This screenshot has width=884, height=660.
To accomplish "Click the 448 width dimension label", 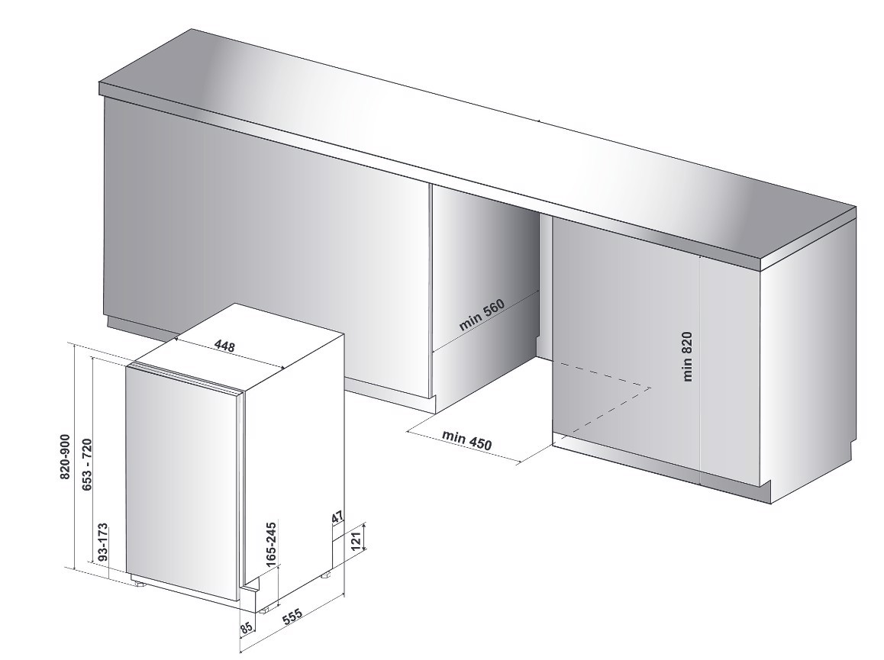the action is (224, 346).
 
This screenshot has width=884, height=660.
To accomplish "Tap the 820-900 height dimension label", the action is (65, 456).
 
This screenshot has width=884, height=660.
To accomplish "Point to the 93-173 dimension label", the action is (102, 542).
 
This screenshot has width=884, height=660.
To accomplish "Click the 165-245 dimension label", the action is (271, 544).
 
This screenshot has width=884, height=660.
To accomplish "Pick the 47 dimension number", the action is (338, 518).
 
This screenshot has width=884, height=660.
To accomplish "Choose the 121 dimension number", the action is (357, 539).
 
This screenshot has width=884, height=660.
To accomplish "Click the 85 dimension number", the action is (246, 626).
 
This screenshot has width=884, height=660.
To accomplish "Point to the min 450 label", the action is (466, 439).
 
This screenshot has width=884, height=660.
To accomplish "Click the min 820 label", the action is (687, 356).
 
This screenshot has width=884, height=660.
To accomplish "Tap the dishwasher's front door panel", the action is (182, 485).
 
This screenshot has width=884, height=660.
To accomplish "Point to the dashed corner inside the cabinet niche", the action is (650, 388).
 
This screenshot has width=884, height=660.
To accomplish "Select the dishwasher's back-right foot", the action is (327, 575).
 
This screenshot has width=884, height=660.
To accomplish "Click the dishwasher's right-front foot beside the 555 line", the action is (264, 609).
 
